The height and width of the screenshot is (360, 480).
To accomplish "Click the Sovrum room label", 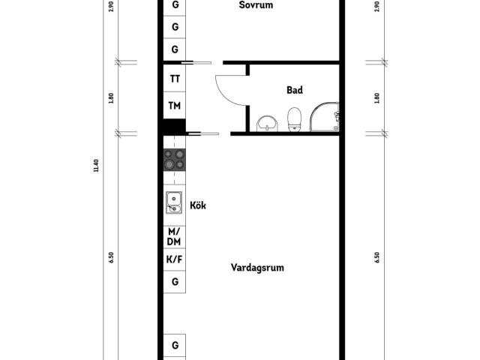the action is [x=256, y=5].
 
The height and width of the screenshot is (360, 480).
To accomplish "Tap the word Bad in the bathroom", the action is [x=295, y=90].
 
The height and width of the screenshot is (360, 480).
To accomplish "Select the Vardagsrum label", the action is [x=257, y=268].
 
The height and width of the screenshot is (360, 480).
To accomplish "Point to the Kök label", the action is [x=198, y=205].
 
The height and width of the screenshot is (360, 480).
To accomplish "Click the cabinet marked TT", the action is [x=175, y=79].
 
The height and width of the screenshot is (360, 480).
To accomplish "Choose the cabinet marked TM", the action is [x=175, y=105].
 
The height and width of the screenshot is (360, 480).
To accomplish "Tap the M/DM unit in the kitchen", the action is [x=174, y=237].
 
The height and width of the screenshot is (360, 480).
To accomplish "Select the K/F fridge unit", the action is [x=174, y=259].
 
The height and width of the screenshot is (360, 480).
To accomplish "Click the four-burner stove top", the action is [x=175, y=160].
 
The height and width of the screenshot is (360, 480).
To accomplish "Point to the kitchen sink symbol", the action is [x=174, y=202].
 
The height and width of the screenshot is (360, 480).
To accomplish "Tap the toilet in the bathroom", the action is [x=295, y=120].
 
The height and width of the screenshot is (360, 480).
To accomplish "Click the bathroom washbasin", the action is [x=267, y=124].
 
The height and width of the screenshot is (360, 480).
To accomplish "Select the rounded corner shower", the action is [x=325, y=117].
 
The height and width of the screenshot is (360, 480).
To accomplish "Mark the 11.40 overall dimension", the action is [x=96, y=166].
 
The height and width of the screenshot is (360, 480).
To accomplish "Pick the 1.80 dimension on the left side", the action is [x=111, y=98].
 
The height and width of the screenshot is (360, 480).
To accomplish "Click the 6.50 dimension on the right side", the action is [x=376, y=257].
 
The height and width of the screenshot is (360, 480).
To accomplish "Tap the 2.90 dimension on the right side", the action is [x=376, y=7].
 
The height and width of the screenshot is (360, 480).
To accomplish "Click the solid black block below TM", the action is [x=174, y=127].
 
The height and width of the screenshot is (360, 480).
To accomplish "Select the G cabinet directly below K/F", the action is [x=175, y=282].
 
